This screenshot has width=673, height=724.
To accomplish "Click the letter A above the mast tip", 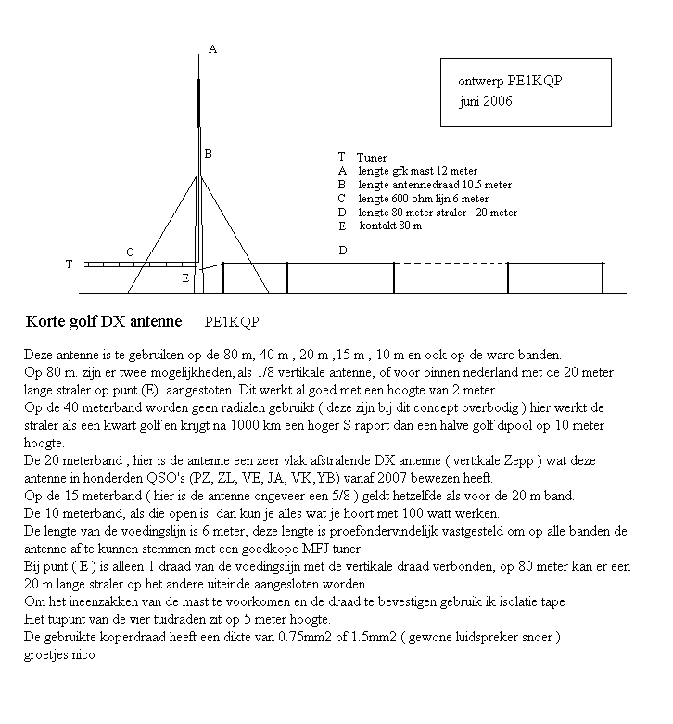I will tap(212, 49).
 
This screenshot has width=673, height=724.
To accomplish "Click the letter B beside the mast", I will tap(209, 154).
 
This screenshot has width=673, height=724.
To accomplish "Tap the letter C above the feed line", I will tap(131, 252).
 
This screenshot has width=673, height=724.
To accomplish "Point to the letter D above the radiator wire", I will tap(343, 251).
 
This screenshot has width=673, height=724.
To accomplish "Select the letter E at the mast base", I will tap(185, 278).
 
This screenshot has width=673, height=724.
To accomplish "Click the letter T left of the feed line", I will tap(69, 265).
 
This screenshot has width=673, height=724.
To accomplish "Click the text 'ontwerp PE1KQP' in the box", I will tap(510, 81).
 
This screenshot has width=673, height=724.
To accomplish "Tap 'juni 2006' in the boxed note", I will tap(485, 101).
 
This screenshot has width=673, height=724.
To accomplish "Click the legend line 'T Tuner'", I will tap(362, 158).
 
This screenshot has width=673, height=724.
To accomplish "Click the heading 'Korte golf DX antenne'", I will tap(104, 323).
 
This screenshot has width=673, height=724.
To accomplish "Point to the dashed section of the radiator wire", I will tap(451, 263).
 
